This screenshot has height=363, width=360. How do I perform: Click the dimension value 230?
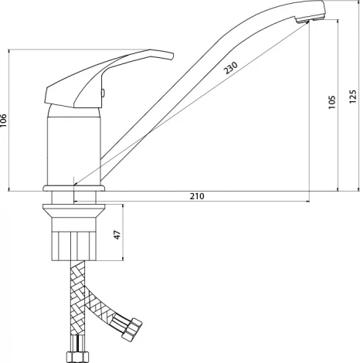pos(230,68)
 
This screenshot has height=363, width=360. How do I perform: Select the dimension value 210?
pos(197,196)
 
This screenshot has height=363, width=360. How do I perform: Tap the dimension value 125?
pos(353,97)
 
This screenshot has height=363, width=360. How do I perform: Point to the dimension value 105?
pos(332,102)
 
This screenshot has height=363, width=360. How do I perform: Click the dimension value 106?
pos(3,120)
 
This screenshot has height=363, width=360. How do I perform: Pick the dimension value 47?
pos(117,235)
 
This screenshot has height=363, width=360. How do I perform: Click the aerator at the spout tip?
pos(309,19)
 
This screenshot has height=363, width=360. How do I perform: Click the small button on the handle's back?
pos(103,93)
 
